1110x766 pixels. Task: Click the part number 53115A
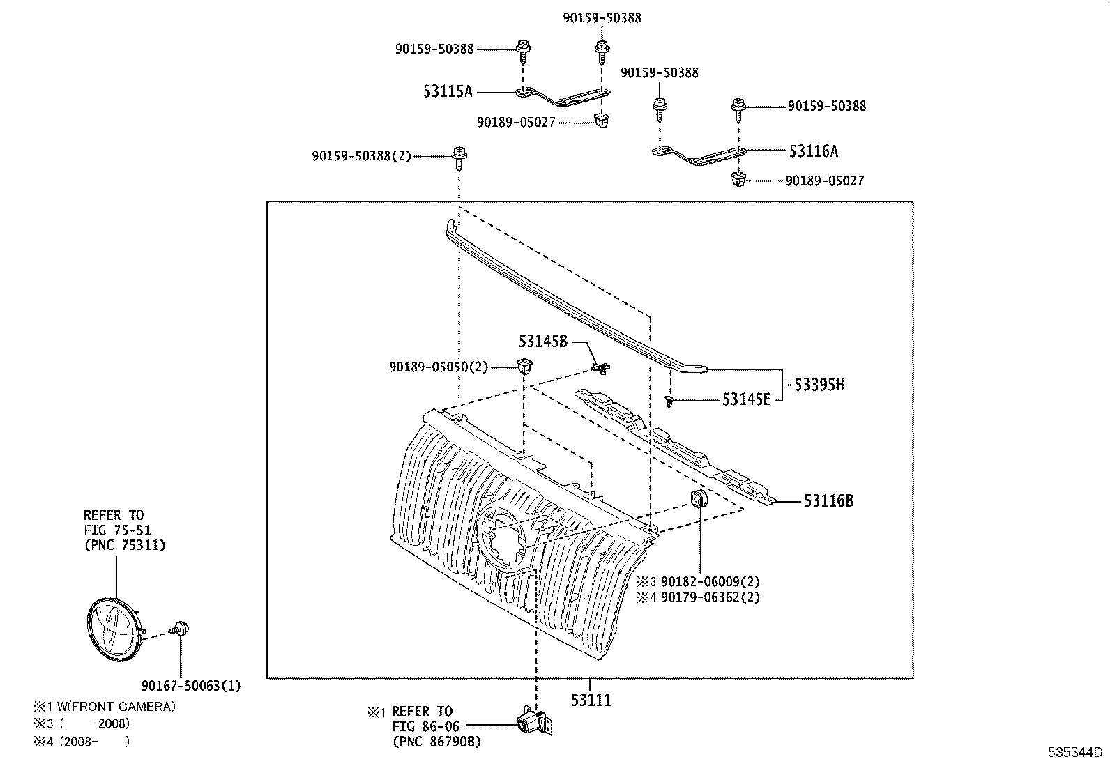tap(447, 91)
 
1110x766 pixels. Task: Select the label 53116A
tap(813, 151)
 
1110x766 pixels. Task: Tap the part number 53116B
tap(828, 500)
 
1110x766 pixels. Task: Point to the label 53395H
tap(819, 384)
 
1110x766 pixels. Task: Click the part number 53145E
tap(746, 399)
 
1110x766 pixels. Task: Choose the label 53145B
tap(542, 341)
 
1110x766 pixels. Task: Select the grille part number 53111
tap(591, 700)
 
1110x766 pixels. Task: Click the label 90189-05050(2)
tap(439, 367)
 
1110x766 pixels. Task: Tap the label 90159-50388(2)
tap(361, 156)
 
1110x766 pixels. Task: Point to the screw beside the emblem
tap(181, 629)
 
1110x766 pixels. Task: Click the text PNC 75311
tap(124, 545)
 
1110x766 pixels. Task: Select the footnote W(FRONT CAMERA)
tap(117, 706)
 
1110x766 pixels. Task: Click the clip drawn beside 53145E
tap(669, 402)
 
